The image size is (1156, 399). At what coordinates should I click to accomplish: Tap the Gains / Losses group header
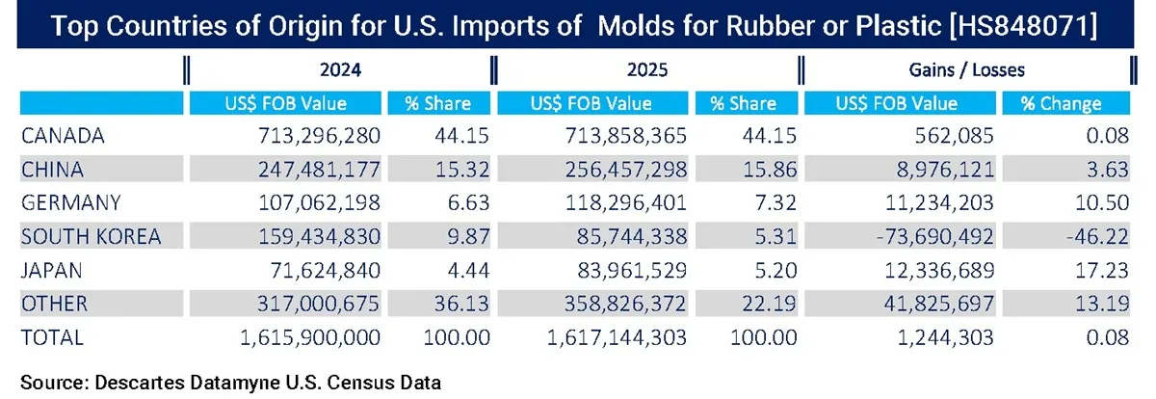click(965, 70)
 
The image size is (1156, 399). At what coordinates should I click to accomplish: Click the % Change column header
click(1064, 103)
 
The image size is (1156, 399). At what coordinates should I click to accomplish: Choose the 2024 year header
click(339, 70)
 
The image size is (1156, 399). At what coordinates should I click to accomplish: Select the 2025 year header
click(648, 70)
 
